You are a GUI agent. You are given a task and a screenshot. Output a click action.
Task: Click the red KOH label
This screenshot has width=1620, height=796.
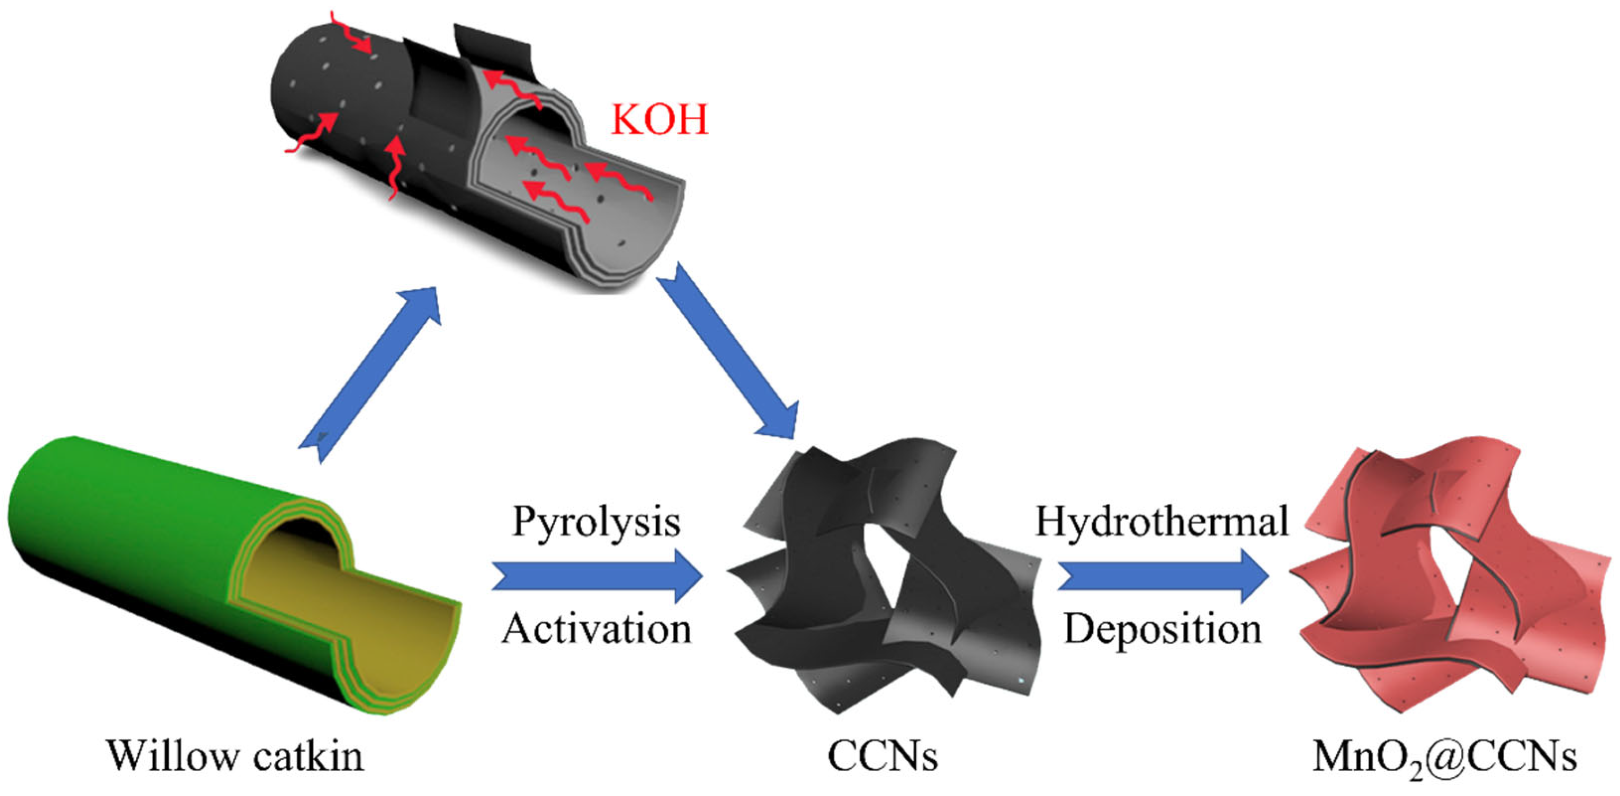click(660, 119)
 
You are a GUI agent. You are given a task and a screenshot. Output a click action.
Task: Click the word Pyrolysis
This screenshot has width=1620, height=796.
click(596, 522)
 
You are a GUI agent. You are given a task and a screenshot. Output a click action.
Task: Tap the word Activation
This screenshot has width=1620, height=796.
click(596, 629)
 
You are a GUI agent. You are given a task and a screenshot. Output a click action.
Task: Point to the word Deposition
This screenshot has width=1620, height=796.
click(1162, 629)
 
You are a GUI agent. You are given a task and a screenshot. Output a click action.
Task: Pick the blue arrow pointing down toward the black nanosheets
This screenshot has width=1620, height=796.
click(730, 352)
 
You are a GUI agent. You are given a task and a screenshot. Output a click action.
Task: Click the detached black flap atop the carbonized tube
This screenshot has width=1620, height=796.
click(491, 44)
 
